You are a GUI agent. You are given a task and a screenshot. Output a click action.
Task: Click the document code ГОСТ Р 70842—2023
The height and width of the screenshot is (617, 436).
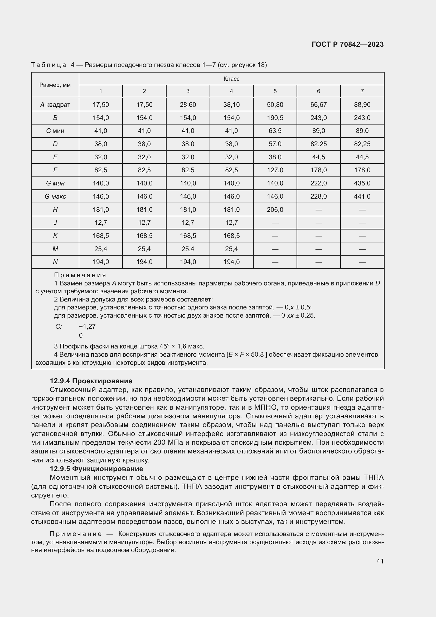coord(348,45)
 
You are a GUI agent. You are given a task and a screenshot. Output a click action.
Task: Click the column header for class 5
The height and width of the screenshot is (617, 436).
coord(275,91)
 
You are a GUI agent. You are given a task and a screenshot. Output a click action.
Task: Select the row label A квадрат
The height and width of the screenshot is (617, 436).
coord(55,104)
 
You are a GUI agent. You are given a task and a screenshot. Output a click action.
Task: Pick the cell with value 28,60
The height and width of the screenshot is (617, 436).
coord(188,104)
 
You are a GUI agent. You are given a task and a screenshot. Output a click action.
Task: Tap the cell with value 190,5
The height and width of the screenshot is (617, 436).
coord(275,118)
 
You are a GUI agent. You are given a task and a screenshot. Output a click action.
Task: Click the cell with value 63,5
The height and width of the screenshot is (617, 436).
coord(275,131)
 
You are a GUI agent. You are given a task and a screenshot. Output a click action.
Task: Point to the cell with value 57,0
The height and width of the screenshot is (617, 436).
coord(275,144)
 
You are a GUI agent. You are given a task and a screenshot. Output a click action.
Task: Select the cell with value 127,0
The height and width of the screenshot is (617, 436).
coord(275,170)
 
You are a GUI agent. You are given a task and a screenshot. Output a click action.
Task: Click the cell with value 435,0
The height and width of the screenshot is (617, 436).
coord(362,183)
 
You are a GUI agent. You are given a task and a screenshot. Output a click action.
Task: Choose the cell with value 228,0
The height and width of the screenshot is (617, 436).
coord(318,197)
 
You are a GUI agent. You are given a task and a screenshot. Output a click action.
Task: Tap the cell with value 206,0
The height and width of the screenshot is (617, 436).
coord(275,210)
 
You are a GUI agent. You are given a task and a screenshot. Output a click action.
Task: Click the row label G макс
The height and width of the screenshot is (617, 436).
coord(55,197)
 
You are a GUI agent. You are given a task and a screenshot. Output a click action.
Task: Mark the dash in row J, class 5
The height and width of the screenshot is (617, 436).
coord(275,223)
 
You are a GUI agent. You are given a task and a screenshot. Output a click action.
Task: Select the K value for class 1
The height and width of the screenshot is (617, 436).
coord(101,236)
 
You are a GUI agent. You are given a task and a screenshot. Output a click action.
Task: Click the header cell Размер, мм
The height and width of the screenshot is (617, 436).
coord(55,85)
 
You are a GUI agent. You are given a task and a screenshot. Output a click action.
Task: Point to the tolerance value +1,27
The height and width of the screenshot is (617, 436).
coord(87,327)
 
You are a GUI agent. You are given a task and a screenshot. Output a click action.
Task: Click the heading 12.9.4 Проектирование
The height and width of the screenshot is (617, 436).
coord(91,381)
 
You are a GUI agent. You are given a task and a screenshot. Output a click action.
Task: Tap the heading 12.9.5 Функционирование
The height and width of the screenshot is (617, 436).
coord(96,469)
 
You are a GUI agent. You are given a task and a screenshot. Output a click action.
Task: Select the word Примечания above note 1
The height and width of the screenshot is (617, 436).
coord(80,275)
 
